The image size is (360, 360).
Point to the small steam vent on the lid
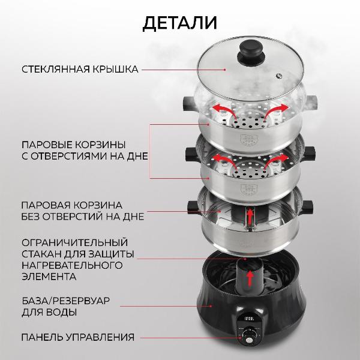coord(279,76)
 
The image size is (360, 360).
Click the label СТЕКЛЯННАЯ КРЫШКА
coord(80,70)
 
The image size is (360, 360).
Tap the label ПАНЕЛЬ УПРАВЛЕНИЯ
coord(78,337)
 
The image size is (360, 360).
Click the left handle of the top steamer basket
coord(185,104)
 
